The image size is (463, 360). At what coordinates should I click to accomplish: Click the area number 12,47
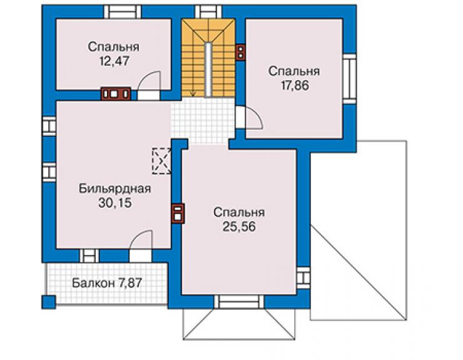[x=114, y=61]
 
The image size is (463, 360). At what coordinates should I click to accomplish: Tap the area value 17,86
[x=295, y=85]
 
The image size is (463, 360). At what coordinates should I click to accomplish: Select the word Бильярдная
[x=115, y=188]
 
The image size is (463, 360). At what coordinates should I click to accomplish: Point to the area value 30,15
[x=115, y=203]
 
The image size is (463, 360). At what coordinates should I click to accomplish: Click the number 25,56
[x=239, y=227]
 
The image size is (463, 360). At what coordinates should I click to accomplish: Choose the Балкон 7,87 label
[x=107, y=283]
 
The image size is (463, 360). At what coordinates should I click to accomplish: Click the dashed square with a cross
[x=161, y=161]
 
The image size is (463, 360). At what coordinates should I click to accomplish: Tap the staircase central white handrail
[x=208, y=69]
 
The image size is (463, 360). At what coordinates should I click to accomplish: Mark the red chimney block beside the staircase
[x=241, y=53]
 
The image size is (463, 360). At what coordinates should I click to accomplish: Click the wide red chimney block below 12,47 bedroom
[x=116, y=94]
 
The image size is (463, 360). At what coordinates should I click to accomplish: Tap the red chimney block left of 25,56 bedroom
[x=178, y=213]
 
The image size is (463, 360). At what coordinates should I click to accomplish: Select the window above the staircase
[x=208, y=13]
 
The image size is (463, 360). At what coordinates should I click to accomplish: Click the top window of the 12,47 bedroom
[x=123, y=13]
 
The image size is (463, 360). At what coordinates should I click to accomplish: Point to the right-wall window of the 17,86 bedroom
[x=350, y=79]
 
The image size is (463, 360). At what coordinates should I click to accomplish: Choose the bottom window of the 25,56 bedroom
[x=239, y=302]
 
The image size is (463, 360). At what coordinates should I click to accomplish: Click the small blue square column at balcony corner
[x=48, y=302]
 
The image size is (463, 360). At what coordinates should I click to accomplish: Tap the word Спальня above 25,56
[x=239, y=213]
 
